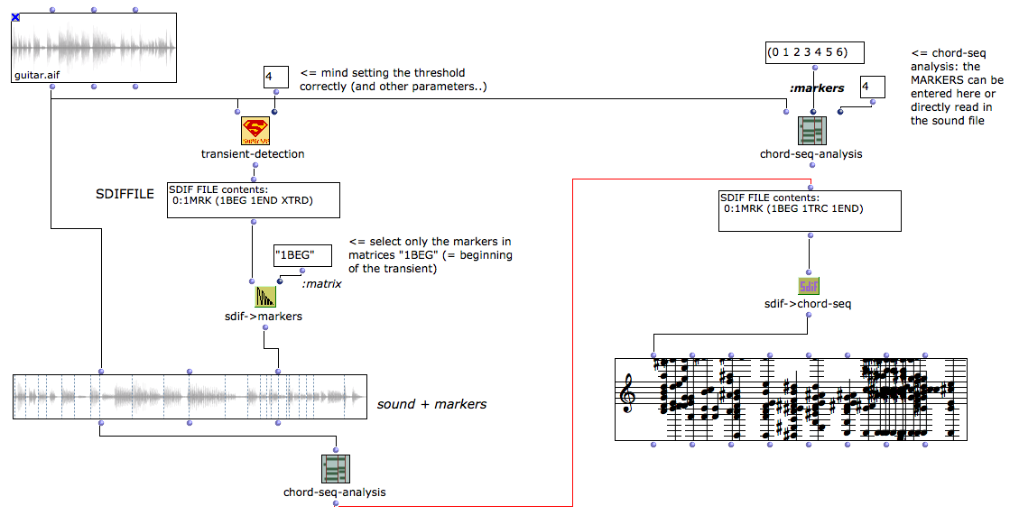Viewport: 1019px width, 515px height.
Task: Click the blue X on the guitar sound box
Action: (16, 18)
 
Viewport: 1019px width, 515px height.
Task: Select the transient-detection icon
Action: (255, 131)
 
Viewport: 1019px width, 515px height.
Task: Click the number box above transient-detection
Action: (274, 77)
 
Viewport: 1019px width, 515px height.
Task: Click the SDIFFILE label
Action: (125, 195)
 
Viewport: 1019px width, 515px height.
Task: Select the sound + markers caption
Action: (431, 404)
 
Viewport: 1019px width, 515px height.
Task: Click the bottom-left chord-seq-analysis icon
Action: (335, 469)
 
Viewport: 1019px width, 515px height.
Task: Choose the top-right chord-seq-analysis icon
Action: (811, 131)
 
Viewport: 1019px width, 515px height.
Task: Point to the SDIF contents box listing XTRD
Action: (253, 199)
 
